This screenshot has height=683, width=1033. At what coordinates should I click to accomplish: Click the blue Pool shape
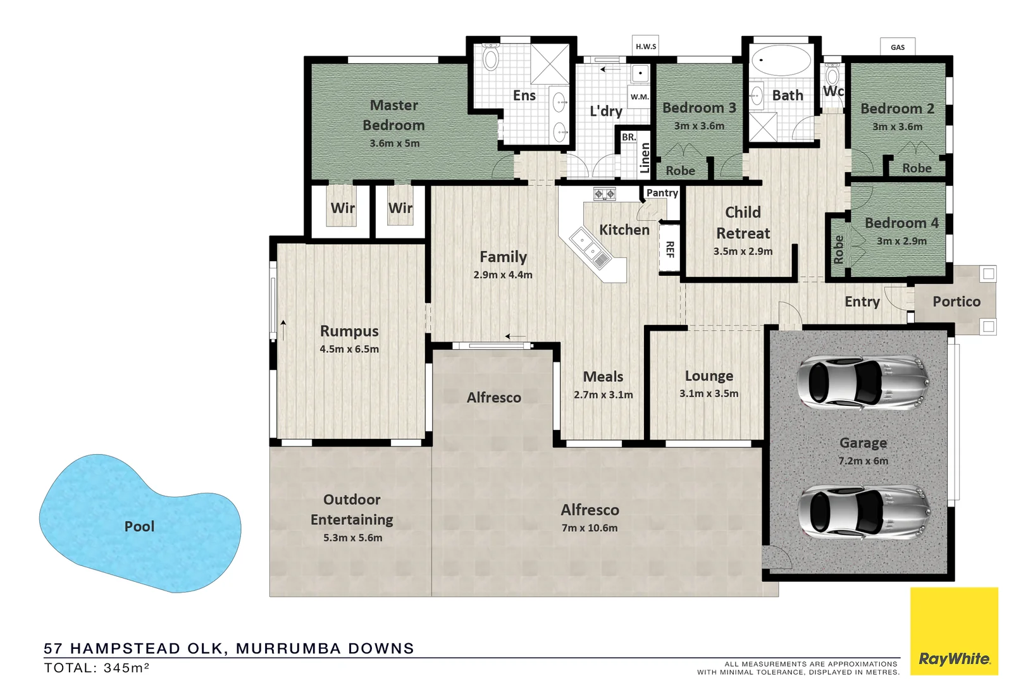click(x=139, y=525)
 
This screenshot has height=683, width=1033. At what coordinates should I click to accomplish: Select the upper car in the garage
click(x=863, y=382)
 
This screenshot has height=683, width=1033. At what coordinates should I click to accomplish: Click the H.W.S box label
click(x=646, y=46)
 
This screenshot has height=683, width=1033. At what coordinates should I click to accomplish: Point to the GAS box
click(x=898, y=47)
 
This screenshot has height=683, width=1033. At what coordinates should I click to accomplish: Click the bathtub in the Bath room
click(x=780, y=61)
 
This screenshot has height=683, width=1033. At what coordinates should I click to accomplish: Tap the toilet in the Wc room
click(x=832, y=75)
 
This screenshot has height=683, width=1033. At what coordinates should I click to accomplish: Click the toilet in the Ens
click(x=491, y=58)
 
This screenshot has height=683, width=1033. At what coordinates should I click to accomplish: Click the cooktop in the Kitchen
click(x=604, y=194)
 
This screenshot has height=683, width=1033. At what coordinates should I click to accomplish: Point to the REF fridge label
click(x=670, y=249)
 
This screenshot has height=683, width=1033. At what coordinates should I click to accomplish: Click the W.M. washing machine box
click(x=640, y=97)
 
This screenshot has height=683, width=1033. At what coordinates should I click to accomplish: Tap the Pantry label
click(x=662, y=193)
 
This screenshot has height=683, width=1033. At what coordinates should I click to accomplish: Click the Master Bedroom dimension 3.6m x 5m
click(x=394, y=144)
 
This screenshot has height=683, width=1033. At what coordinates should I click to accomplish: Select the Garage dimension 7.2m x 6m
click(x=863, y=461)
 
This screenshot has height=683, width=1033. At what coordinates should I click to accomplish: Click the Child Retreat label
click(x=743, y=223)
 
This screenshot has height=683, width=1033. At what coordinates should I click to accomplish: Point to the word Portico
click(x=956, y=302)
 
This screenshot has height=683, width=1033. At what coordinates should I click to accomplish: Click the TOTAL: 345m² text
click(x=96, y=668)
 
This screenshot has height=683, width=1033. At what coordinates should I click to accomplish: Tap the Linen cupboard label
click(x=645, y=157)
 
